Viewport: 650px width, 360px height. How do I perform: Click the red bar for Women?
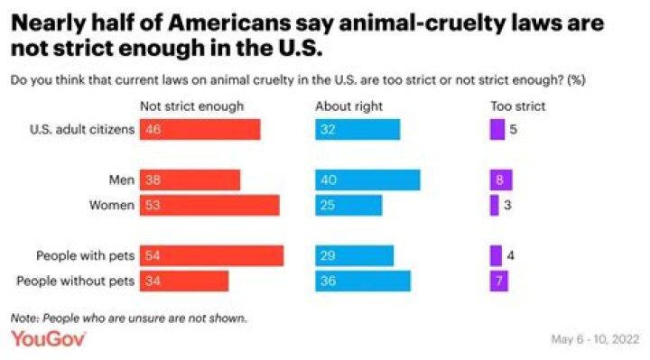coord(209,205)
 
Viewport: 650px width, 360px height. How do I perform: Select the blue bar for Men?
coord(367,180)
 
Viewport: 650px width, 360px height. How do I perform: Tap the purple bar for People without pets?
coord(498,281)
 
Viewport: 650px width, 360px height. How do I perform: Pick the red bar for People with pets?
coord(211,255)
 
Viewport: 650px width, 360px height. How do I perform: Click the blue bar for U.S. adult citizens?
coord(357,129)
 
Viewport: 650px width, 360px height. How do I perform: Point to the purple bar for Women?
coord(494,205)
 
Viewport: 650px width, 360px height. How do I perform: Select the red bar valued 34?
coord(183,281)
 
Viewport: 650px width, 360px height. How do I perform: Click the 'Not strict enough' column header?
coord(192,106)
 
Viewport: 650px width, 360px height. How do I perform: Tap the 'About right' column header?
coord(348,106)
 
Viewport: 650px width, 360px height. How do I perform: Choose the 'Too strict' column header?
coord(518,106)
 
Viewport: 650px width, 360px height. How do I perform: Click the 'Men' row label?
coord(122,180)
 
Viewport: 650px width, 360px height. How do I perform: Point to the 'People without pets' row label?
coord(76,281)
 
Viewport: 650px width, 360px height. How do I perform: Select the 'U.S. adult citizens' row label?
coord(82,129)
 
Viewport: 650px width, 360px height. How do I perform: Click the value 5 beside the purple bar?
coord(513,129)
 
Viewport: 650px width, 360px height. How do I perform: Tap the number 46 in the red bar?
coord(153,129)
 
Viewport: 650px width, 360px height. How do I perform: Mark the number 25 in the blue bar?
coord(328,205)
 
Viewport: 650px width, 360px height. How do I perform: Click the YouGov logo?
coord(48,339)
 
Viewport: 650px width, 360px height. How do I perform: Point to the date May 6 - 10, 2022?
coord(595,339)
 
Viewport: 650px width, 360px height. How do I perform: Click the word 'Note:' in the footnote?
coord(25,318)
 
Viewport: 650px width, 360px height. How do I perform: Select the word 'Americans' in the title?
coord(229,23)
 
